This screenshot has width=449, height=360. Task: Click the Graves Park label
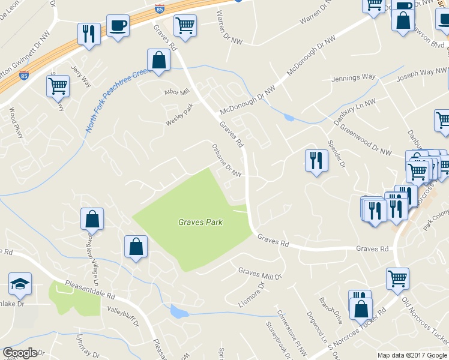coord(200,222)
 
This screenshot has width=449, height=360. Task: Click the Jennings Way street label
coord(353,78)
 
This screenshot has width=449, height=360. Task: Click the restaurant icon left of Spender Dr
coord(316,161)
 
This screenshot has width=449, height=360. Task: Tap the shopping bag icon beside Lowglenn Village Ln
coord(92,218)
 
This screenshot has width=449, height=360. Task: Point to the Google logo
coord(21,352)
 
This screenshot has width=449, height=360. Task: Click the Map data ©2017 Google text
coord(412,355)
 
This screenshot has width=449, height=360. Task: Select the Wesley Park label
coord(180,115)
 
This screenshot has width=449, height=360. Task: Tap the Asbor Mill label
coord(177,92)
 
